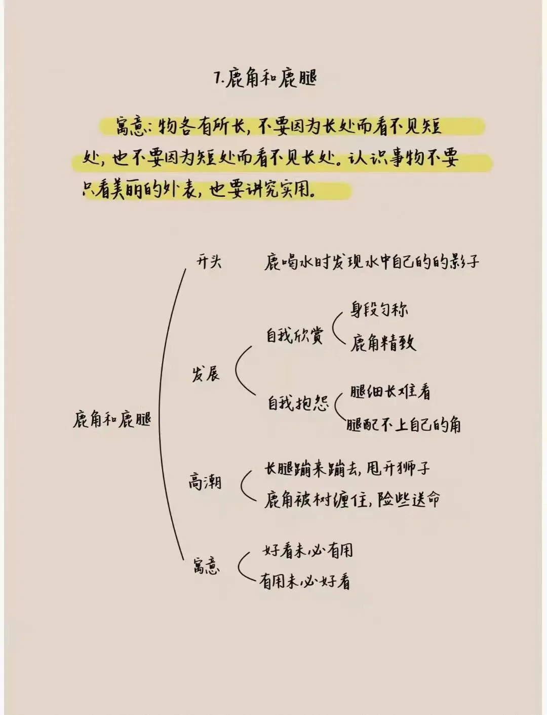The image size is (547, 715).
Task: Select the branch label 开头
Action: (209, 262)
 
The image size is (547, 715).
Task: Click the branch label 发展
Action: (206, 375)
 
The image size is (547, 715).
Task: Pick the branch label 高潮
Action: (205, 481)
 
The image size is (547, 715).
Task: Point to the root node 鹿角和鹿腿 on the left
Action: (112, 419)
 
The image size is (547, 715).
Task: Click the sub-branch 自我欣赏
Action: (294, 336)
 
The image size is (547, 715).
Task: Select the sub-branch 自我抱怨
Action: (297, 403)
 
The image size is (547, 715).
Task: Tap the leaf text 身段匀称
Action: (379, 309)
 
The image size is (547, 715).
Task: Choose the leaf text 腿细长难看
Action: (390, 391)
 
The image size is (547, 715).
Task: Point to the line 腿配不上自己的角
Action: (404, 424)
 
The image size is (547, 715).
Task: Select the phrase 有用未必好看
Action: (304, 581)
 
